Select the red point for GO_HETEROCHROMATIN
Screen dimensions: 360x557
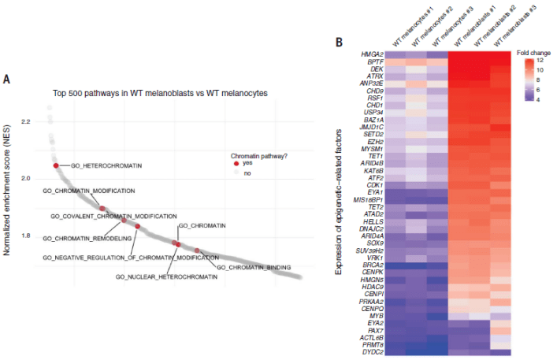tap(57, 165)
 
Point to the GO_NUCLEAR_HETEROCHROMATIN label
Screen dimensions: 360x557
tap(158, 276)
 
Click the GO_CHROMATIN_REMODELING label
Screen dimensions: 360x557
tap(86, 238)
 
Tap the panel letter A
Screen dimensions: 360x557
tap(6, 79)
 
